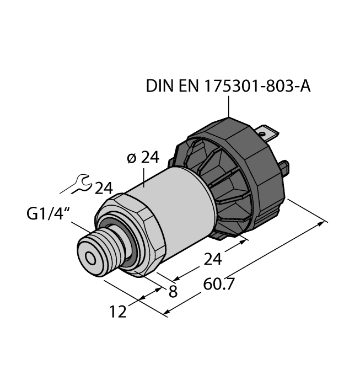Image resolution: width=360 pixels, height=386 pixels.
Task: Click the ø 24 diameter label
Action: [142, 158]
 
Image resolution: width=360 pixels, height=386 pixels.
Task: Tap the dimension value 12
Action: [117, 311]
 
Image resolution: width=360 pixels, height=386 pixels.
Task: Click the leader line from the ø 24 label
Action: [144, 177]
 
